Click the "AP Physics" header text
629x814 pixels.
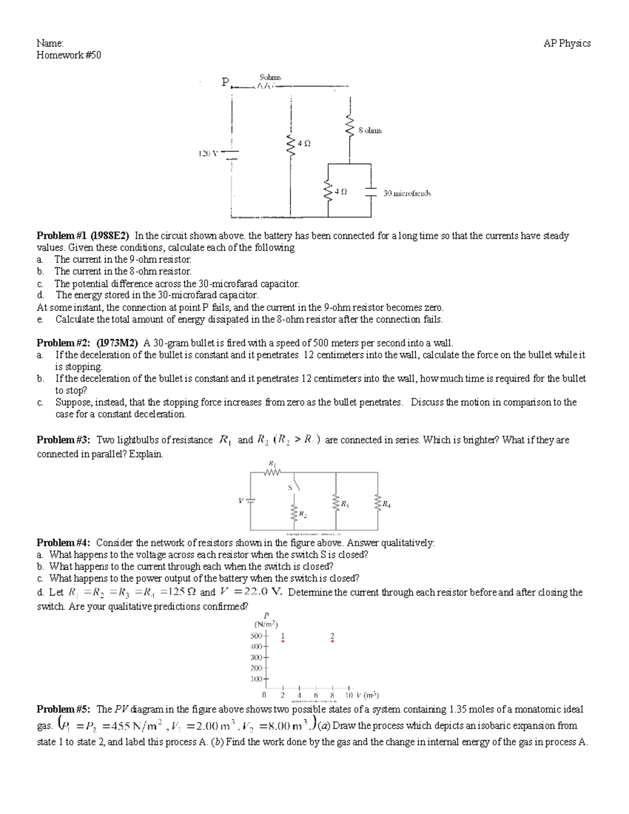pos(567,44)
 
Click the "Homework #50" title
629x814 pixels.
pos(69,55)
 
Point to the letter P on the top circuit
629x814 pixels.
pos(225,82)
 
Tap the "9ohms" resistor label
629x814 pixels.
pos(270,78)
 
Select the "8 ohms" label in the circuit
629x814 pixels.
pos(370,130)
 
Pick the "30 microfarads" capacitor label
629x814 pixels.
pos(407,193)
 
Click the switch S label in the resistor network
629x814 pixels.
pos(289,487)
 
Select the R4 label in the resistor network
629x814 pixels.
pos(386,505)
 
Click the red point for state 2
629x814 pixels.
pos(332,641)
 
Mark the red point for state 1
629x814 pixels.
pos(283,641)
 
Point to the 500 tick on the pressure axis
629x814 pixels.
pos(256,636)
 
